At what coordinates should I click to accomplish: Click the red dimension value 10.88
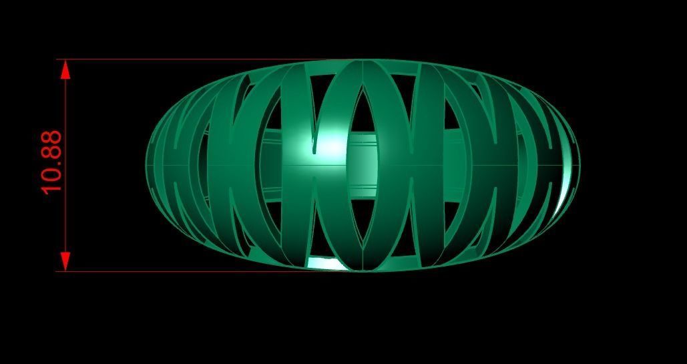[x=51, y=162]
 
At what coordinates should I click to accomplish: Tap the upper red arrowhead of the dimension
[x=65, y=69]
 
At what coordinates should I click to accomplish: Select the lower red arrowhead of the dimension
[x=65, y=261]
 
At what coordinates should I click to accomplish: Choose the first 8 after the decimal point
[x=51, y=154]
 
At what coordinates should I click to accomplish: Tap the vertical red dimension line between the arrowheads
[x=65, y=214]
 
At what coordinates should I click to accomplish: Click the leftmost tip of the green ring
[x=146, y=164]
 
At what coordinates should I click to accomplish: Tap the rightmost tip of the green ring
[x=579, y=164]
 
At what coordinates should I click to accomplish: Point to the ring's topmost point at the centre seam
[x=363, y=61]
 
